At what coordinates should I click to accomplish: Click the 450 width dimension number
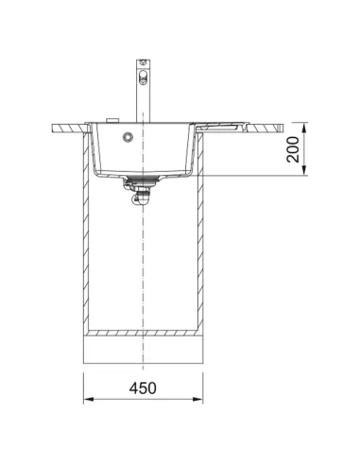pyautogui.click(x=143, y=387)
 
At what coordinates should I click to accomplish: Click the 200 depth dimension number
pyautogui.click(x=295, y=148)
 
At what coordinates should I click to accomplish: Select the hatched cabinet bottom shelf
pyautogui.click(x=143, y=334)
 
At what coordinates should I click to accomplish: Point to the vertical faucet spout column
pyautogui.click(x=143, y=95)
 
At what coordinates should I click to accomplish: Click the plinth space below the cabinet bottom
pyautogui.click(x=143, y=352)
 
